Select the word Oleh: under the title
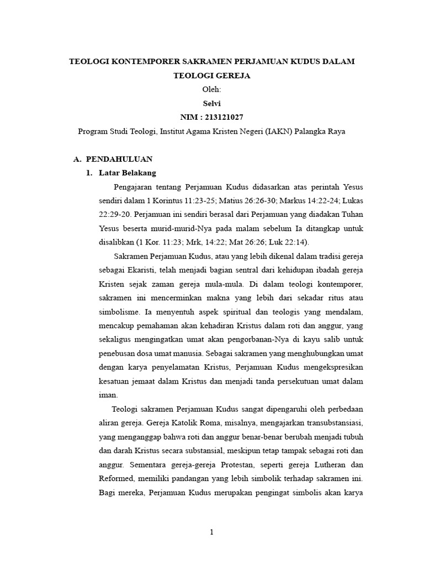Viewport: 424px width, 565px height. click(212, 89)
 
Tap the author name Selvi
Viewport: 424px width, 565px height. click(212, 103)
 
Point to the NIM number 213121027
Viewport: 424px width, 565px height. click(224, 117)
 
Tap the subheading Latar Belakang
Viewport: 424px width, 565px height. click(128, 173)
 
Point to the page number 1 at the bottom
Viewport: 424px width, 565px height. click(211, 532)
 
